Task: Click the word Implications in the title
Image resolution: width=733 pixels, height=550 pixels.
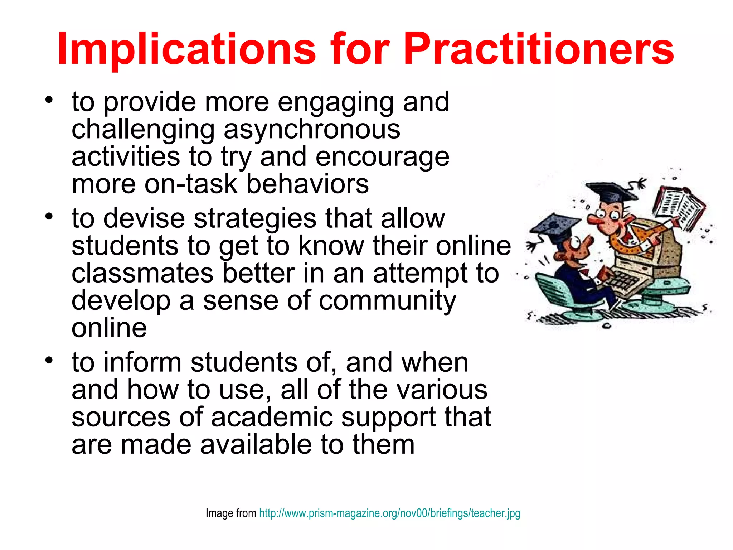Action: click(x=186, y=49)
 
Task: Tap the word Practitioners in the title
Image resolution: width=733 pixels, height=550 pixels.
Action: click(x=538, y=49)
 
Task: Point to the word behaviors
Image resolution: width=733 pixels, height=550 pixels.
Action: click(x=307, y=184)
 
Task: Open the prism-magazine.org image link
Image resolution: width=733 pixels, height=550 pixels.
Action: click(x=389, y=513)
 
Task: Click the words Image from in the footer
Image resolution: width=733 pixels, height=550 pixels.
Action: click(x=230, y=513)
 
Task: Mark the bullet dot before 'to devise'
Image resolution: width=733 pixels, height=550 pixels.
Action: click(x=49, y=216)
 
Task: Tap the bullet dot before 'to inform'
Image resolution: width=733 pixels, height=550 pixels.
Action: click(x=49, y=360)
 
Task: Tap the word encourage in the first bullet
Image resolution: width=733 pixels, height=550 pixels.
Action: click(x=382, y=157)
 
